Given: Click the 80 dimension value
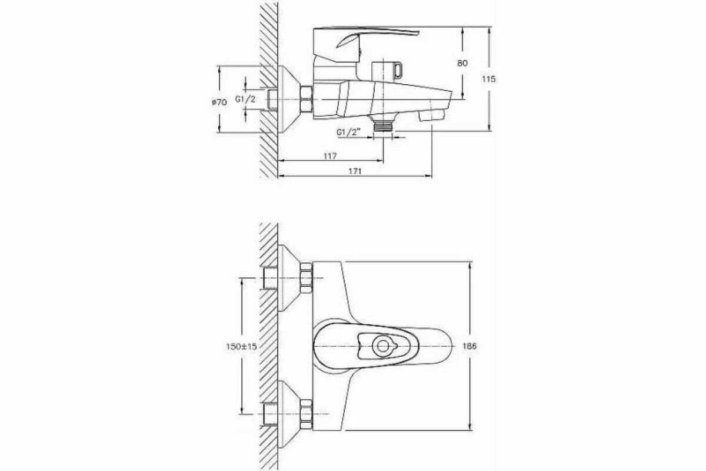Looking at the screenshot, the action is (462, 63).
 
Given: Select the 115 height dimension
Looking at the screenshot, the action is (488, 79).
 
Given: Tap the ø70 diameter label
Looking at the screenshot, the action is (219, 102).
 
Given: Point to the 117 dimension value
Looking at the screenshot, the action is (330, 156).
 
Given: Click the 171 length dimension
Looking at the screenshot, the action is (355, 171).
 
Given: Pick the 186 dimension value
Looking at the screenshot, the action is (469, 346).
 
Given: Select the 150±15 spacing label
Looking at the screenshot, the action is (241, 346).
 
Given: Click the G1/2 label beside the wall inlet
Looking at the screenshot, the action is (245, 99).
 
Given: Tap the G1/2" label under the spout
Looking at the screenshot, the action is (348, 132).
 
